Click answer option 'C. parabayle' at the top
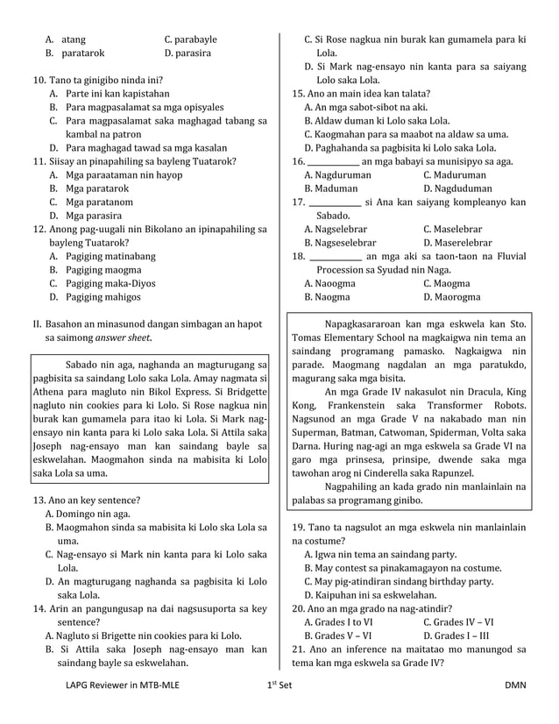coord(190,39)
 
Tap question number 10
coord(39,79)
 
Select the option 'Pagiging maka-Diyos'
coord(110,283)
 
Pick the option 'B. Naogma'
coord(327,297)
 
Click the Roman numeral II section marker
coord(36,324)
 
